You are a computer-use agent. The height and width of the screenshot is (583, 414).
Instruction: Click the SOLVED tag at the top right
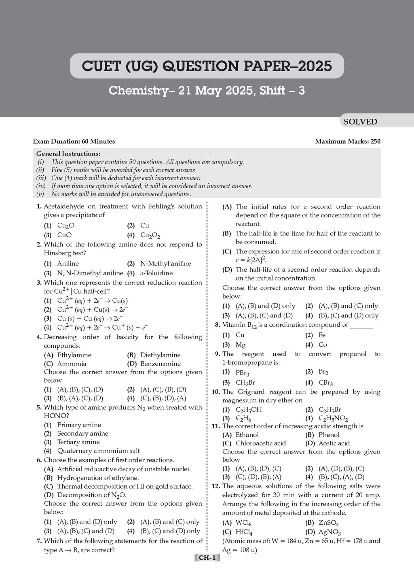point(360,122)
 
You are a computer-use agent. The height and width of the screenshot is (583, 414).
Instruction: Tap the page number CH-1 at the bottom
point(207,558)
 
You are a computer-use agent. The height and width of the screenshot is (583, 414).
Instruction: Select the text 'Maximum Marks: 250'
point(348,141)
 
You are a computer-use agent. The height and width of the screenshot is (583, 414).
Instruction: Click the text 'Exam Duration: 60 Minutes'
point(74,141)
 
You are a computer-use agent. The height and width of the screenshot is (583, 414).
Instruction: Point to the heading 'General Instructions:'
point(68,154)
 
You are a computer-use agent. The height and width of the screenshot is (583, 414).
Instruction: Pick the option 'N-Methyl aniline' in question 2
point(165,264)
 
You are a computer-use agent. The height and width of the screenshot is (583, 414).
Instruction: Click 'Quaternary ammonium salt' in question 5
point(98,451)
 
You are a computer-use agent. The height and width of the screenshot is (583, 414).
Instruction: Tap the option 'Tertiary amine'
point(78,442)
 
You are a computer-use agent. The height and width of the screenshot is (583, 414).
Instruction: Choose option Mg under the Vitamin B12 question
point(241,345)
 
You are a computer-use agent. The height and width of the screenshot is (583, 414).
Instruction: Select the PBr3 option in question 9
point(242,372)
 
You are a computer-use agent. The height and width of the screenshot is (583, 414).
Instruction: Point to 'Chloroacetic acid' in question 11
point(260,443)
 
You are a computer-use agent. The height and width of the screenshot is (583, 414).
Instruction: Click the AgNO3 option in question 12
point(330,532)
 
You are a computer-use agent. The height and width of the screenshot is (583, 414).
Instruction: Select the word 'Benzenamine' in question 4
point(161,364)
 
